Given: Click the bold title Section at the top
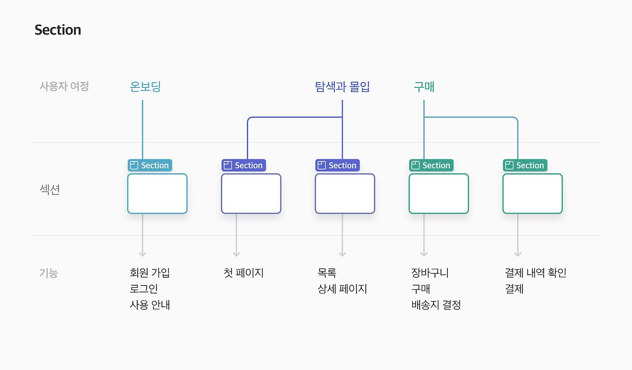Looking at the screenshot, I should point(58,30).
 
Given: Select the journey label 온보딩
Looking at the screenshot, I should point(145,87).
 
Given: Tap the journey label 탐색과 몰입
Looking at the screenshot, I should point(342,87).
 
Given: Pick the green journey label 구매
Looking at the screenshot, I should point(424,87).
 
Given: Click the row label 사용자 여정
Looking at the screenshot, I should point(64,86).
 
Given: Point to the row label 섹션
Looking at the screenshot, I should point(50,190).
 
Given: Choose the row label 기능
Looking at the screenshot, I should point(49,273).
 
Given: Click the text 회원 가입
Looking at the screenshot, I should point(150,273).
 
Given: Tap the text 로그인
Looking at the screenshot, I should point(144,289).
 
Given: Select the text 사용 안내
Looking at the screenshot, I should point(150,305).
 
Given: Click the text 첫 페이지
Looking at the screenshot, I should point(243,273).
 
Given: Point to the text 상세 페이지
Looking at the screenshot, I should point(342,289).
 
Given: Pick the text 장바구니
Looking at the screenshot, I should point(430,273).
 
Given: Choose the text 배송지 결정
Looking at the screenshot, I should point(436,305).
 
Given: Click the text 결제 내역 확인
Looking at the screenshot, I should point(536,273).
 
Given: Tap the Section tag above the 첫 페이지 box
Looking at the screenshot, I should point(244,165).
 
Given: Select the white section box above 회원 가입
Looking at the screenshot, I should point(158,193).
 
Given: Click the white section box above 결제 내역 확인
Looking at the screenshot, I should point(533,193).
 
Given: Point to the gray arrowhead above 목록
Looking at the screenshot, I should point(342,254).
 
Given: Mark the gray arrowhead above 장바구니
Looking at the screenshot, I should point(424,254).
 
